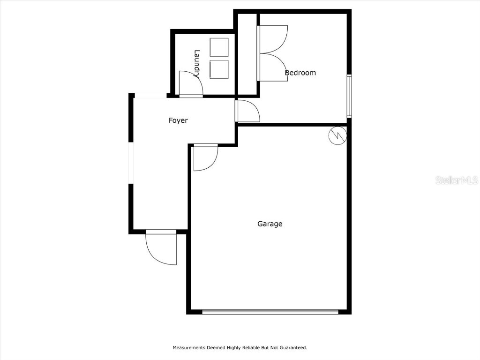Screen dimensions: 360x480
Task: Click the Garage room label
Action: coord(270,224)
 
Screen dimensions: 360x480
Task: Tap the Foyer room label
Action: coord(178,120)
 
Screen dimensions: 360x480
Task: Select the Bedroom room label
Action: coord(300,73)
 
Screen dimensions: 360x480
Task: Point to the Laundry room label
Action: coord(197,63)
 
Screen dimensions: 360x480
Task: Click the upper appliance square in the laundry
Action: coord(219,47)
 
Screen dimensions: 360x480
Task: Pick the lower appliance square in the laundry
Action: coord(219,69)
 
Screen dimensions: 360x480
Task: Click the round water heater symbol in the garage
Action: coord(337,135)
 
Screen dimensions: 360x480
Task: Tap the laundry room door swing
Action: coord(190,84)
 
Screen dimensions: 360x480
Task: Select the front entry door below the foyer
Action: coord(161,247)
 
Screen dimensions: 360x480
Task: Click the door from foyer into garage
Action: coord(205,157)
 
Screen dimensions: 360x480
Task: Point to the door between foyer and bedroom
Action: coord(248,112)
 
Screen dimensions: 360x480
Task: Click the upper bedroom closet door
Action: coord(273,38)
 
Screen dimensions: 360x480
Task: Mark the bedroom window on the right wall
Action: coord(349,96)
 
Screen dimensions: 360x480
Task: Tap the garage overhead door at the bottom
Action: coord(270,311)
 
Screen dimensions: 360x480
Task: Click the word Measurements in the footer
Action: coord(188,348)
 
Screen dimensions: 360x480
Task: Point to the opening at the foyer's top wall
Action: coord(150,96)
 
